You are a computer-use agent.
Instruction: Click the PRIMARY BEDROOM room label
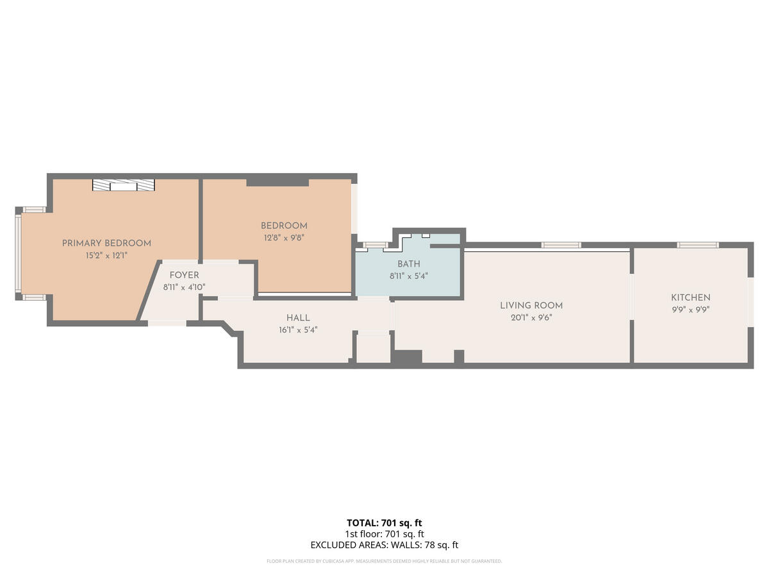pos(106,243)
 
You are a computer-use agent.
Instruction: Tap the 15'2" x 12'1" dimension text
pos(106,255)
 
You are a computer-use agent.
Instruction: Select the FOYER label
pos(185,275)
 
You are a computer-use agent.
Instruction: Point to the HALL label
pos(298,318)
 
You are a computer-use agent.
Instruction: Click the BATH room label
pos(409,263)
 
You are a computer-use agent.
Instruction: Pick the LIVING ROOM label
pos(531,306)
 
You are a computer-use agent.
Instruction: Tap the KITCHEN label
pos(691,297)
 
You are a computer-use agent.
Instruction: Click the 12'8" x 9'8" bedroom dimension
pos(284,238)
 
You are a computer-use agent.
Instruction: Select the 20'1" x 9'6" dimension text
pos(531,318)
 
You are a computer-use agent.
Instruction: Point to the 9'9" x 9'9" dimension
pos(691,310)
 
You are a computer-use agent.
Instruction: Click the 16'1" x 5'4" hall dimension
pos(298,330)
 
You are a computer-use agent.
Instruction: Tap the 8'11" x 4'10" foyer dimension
pos(185,287)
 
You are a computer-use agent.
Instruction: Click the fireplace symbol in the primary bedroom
pos(124,185)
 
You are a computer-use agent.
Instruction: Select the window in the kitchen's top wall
pos(698,245)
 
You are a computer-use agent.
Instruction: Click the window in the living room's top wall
pos(561,245)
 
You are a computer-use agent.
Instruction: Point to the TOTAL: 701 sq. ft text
pos(384,523)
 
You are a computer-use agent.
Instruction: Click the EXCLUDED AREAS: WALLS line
pos(384,545)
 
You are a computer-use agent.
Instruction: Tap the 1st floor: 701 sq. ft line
pos(384,534)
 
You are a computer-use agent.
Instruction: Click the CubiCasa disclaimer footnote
pos(384,561)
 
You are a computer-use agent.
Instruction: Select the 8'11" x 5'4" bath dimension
pos(409,276)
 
